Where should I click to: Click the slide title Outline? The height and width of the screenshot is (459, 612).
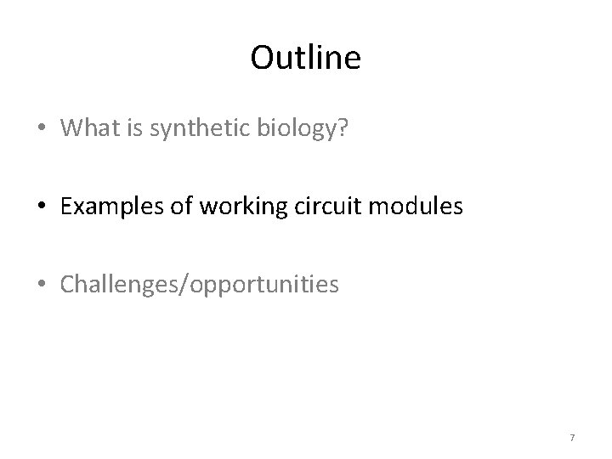point(306,58)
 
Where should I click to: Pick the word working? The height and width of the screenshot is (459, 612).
point(232,205)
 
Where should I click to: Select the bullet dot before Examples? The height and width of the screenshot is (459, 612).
point(42,206)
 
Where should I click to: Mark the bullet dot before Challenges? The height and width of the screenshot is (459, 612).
point(42,284)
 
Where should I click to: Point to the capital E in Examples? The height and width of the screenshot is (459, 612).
point(66,205)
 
